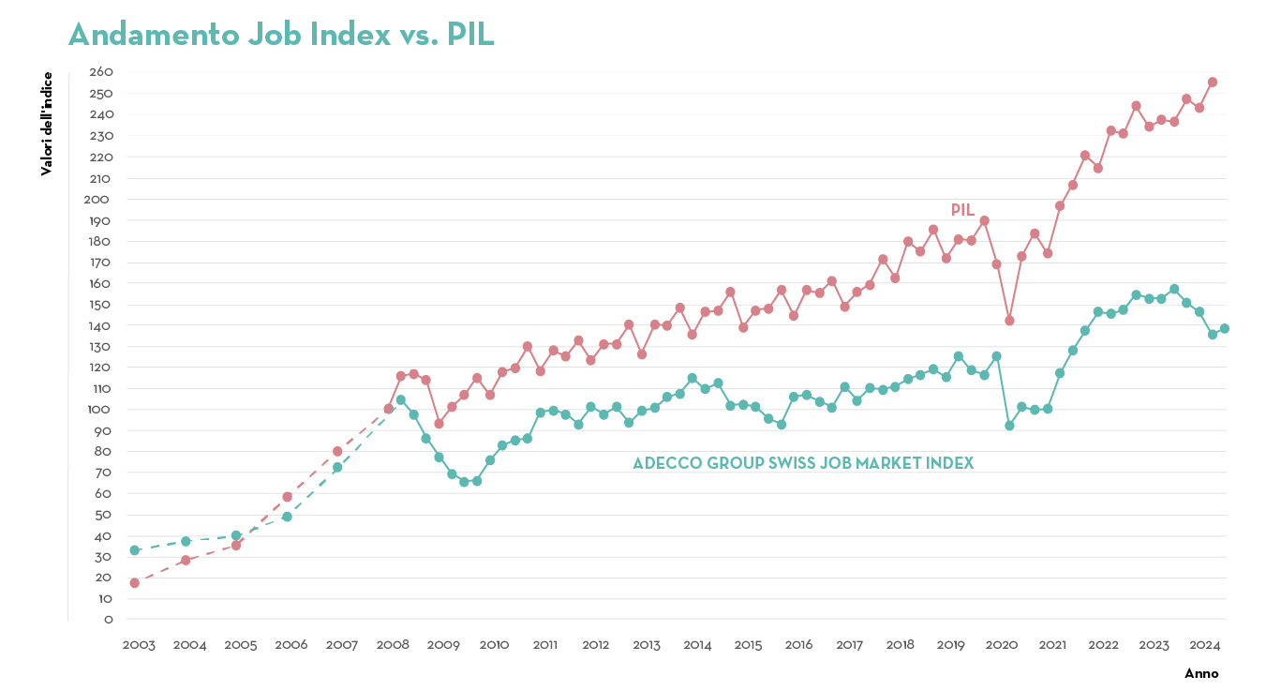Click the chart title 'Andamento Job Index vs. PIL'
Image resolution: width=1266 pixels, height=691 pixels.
(281, 34)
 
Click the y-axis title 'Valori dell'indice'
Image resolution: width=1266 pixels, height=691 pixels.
(47, 124)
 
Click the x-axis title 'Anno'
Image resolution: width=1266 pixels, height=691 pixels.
(1201, 673)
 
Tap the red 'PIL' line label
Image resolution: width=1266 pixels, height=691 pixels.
(962, 210)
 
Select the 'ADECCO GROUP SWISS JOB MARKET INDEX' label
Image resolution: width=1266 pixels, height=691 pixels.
(803, 463)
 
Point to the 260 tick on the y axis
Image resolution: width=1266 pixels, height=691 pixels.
(101, 72)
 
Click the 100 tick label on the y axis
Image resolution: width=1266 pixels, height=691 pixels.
(101, 410)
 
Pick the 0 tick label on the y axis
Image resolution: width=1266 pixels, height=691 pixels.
(109, 619)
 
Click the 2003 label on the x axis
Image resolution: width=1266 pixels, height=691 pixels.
(139, 645)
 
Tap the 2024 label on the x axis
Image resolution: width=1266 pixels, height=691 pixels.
(1204, 645)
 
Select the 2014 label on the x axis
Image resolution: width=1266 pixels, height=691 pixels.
(696, 645)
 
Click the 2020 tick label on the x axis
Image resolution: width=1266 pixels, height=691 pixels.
(1002, 645)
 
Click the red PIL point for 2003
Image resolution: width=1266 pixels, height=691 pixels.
(135, 583)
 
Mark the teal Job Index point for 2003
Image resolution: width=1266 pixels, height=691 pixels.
(135, 550)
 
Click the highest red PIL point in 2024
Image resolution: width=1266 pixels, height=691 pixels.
(1212, 83)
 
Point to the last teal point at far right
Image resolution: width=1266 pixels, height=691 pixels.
(1224, 328)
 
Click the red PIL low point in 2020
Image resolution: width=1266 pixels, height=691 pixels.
(1009, 321)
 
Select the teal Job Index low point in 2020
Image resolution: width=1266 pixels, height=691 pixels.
(1009, 426)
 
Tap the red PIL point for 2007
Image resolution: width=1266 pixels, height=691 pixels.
(337, 451)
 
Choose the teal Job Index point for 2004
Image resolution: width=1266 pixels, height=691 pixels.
(186, 541)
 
